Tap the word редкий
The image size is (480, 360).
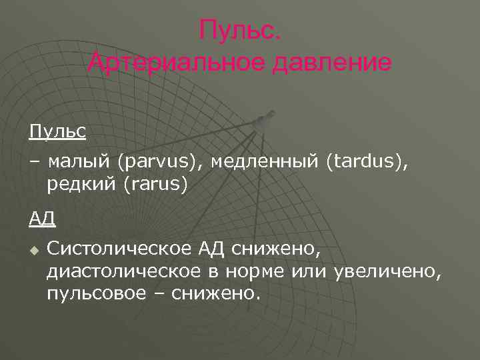point(82,183)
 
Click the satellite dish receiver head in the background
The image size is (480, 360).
point(262,122)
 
